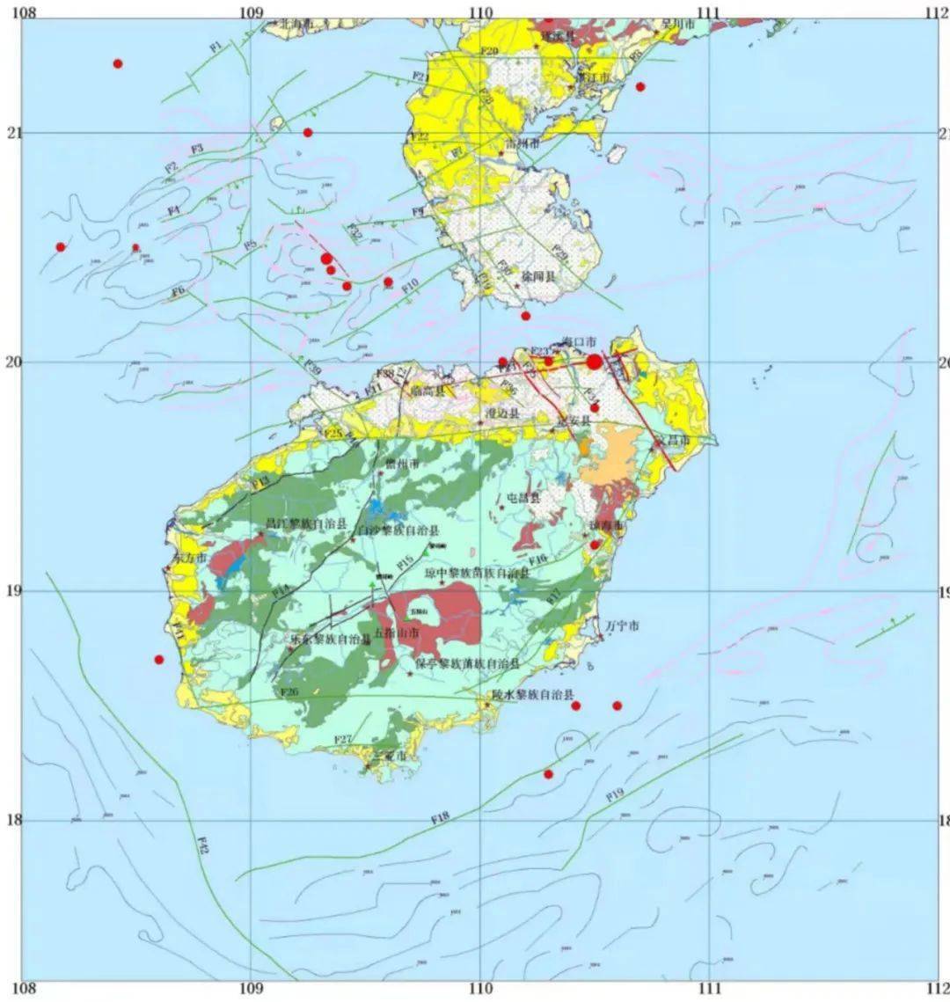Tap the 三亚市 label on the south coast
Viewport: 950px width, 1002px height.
point(390,756)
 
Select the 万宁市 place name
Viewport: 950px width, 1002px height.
point(621,626)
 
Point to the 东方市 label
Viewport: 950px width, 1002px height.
point(189,559)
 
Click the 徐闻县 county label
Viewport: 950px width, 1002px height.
point(538,276)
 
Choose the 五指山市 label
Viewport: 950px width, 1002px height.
point(396,633)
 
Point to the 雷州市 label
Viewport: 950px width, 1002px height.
point(522,142)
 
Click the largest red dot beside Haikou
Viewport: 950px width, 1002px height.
point(595,362)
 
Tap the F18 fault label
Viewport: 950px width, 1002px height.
point(441,818)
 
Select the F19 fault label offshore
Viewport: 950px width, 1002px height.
point(614,794)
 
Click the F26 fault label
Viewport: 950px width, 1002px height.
point(289,692)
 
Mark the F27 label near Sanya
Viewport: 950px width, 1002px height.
point(344,739)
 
